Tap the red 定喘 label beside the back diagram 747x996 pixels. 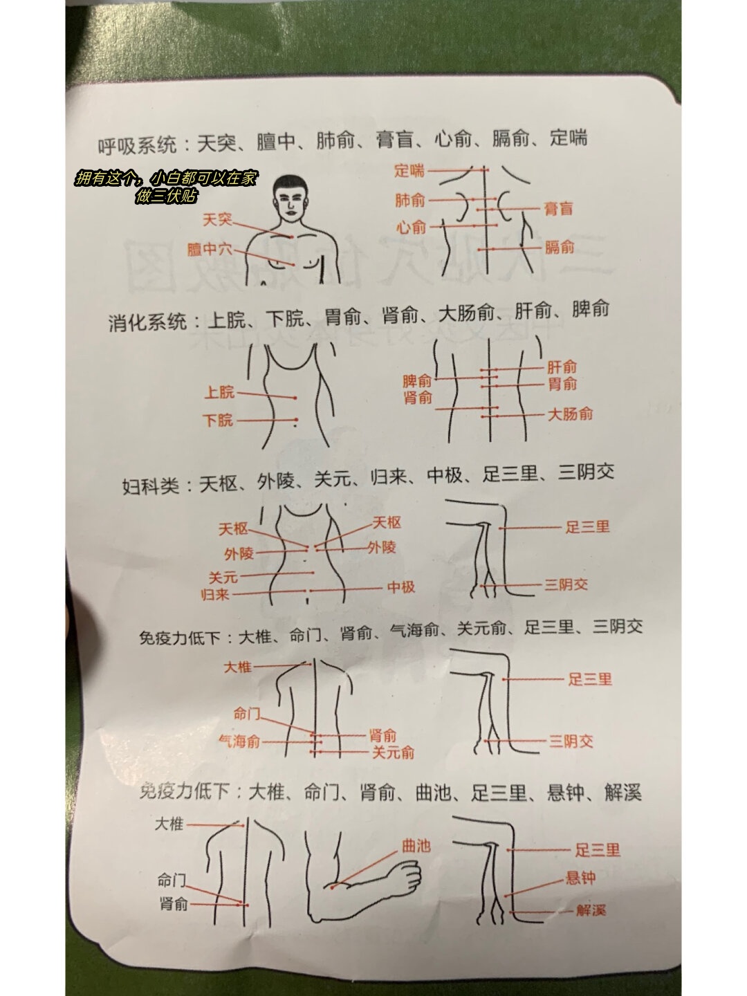coord(410,170)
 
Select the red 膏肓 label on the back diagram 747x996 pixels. coord(558,207)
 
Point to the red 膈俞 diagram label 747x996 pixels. coord(560,248)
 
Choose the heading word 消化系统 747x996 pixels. coord(147,322)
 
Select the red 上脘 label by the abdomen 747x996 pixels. coord(220,394)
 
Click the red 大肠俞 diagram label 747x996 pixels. coord(571,415)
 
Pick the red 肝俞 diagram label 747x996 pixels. coord(562,367)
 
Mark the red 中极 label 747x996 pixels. coord(401,587)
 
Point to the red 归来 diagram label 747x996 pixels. coord(215,594)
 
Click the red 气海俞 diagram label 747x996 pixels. coord(239,741)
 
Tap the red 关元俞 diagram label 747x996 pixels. coord(393,753)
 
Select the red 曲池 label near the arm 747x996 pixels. coord(416,845)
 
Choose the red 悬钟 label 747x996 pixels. coord(580,878)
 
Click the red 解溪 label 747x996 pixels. coord(591,910)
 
